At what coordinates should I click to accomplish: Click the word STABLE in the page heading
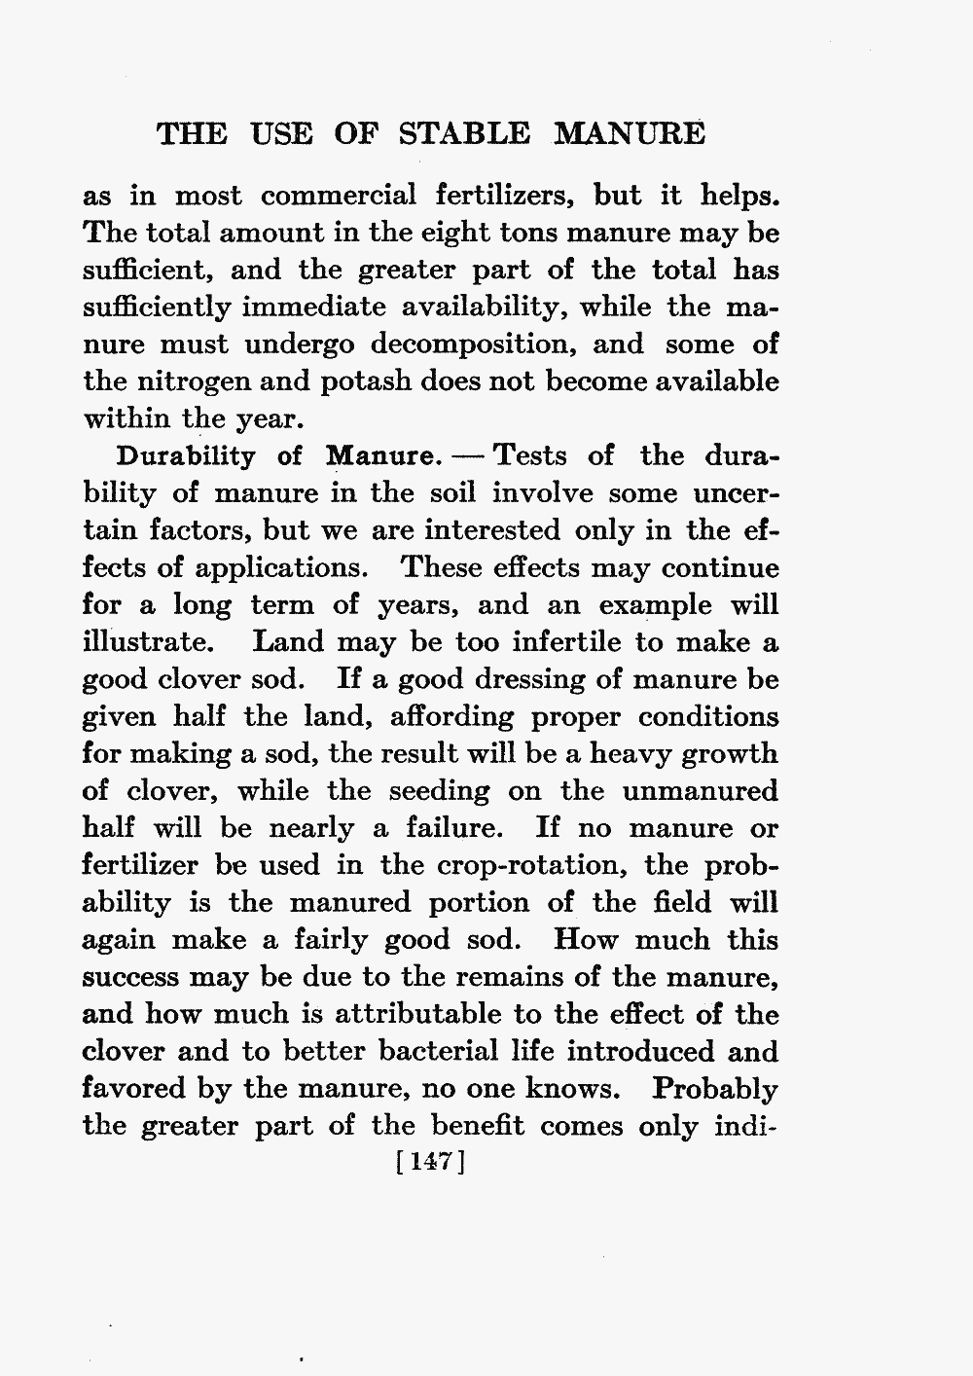(x=466, y=133)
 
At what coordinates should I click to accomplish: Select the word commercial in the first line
(x=339, y=196)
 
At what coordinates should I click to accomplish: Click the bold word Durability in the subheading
(x=186, y=456)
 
